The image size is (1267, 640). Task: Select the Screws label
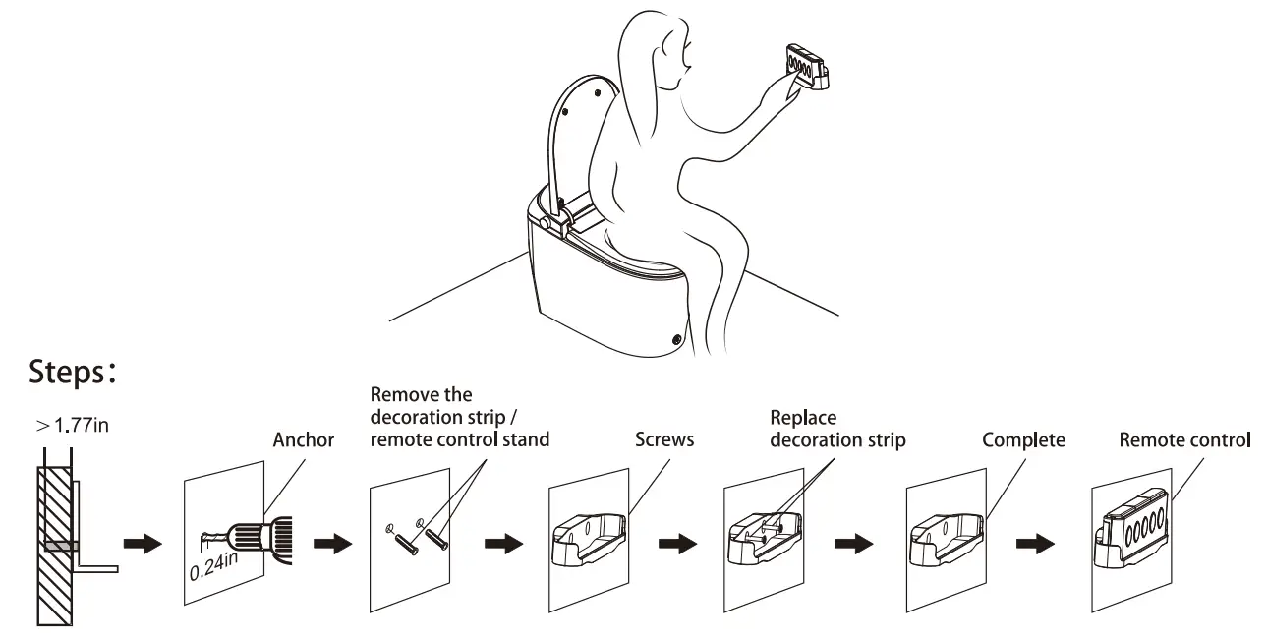coord(664,440)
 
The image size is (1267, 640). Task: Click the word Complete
coord(1023,440)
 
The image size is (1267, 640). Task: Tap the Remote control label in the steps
coord(1185,440)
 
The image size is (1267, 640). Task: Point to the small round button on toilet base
coord(676,339)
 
